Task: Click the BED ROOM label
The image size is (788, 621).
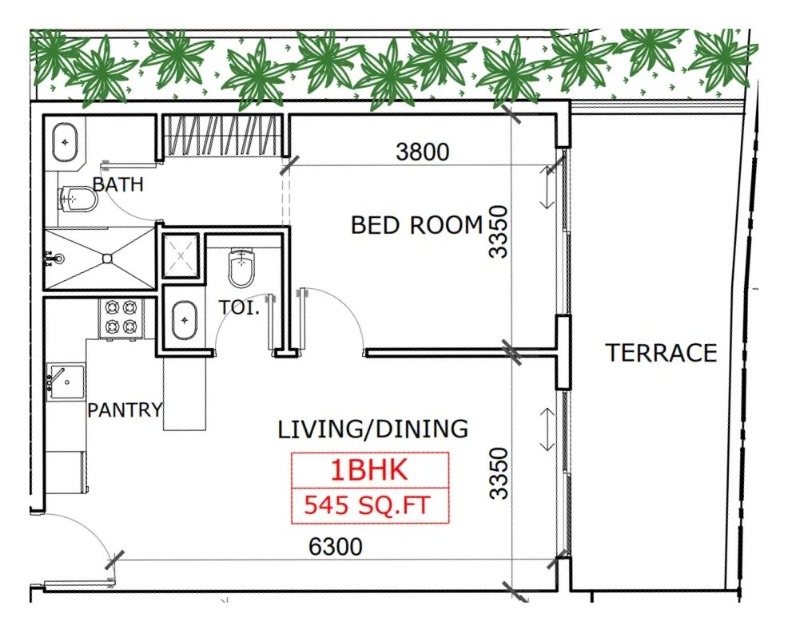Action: [x=416, y=225]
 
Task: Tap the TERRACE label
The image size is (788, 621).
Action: [x=661, y=353]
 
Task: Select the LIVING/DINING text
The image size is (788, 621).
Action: [x=373, y=429]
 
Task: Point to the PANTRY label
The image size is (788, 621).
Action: [x=125, y=410]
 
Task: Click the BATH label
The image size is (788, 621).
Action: [x=118, y=184]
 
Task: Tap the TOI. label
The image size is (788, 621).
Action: [x=239, y=307]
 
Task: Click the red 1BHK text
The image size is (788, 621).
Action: [x=369, y=470]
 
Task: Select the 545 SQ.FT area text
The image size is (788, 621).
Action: [x=368, y=505]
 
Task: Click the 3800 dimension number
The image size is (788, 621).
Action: [x=422, y=152]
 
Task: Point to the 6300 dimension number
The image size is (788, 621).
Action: [x=335, y=547]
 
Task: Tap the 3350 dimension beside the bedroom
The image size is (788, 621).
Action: [x=499, y=231]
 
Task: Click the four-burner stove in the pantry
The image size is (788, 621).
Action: [x=121, y=317]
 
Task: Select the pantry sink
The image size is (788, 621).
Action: [x=66, y=382]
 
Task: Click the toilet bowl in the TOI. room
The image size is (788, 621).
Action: [x=241, y=267]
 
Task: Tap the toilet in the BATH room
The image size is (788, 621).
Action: [x=79, y=200]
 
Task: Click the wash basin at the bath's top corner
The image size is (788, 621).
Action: [x=66, y=143]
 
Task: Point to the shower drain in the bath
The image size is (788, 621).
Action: [x=107, y=259]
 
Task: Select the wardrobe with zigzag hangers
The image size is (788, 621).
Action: [x=221, y=135]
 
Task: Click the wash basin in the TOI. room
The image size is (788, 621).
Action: [x=185, y=320]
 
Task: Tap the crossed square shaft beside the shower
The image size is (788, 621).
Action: [x=181, y=255]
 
